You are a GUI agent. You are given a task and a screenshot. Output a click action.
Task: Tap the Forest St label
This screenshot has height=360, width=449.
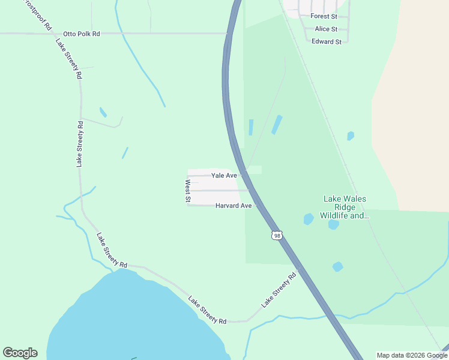coord(324,16)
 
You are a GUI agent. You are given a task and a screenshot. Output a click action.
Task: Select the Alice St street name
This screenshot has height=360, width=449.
coord(326,29)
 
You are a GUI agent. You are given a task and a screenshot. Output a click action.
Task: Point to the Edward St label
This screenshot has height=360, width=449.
coord(326,41)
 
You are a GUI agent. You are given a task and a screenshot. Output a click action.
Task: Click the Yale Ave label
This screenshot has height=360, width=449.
coord(224,175)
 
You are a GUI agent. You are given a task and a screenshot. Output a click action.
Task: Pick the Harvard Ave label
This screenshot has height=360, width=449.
coord(233,206)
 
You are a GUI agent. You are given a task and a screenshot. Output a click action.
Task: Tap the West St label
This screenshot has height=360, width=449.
coord(188,191)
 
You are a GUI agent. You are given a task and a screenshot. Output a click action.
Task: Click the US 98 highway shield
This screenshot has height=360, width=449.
coord(276,235)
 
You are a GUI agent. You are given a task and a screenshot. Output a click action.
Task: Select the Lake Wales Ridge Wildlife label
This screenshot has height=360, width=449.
coord(345,207)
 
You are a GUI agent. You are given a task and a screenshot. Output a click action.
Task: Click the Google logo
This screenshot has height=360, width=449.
coord(20,353)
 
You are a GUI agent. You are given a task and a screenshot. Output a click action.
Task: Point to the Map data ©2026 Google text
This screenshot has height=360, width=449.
coord(412,355)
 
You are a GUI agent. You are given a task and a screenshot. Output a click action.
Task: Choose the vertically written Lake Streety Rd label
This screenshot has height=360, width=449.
coord(79,143)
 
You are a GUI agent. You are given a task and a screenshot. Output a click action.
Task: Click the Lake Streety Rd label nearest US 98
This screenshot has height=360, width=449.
coord(279,291)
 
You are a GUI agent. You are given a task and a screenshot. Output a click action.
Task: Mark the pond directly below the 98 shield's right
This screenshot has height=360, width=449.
coord(337,266)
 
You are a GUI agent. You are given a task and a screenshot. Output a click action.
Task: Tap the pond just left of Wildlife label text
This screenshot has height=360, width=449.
coord(309,219)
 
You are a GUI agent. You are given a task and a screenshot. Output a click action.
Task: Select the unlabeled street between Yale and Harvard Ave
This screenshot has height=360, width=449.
coord(219,191)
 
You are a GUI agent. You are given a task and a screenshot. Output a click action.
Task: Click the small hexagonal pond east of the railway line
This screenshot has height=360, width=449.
coord(351,136)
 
